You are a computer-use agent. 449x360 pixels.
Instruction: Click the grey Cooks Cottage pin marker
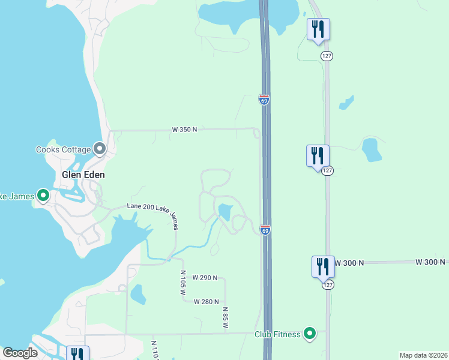coord(100,149)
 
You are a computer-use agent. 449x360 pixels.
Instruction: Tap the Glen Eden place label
coord(83,175)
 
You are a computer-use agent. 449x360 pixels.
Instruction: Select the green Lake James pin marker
coord(43,195)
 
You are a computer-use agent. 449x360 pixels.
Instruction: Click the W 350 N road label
coord(184,129)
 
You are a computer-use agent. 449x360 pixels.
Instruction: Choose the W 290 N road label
coord(205,278)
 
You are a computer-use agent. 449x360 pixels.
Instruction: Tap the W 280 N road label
coord(206,302)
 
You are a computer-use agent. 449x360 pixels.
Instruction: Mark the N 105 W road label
coord(183,281)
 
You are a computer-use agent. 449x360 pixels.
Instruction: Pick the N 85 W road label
coord(226,317)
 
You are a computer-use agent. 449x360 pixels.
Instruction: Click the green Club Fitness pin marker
coord(310,334)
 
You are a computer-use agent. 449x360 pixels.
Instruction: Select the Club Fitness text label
coord(277,334)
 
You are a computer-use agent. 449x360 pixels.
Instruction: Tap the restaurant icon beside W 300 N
coord(323,266)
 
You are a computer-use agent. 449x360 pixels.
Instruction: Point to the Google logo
coord(20,353)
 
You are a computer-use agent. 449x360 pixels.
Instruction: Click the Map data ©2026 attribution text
coord(423,355)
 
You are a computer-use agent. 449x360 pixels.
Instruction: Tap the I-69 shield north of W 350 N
coord(264,100)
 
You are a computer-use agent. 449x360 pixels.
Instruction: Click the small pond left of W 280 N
coord(137,294)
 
